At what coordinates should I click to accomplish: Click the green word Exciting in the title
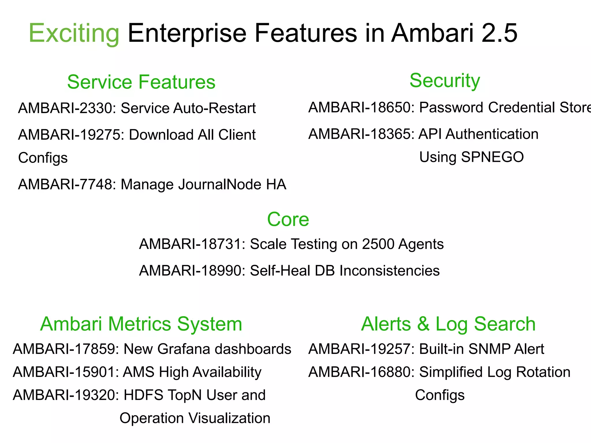74,34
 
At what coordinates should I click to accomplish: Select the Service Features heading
141,82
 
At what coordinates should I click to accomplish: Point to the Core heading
288,219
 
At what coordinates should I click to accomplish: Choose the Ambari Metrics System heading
141,324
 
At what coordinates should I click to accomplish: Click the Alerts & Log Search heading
448,324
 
